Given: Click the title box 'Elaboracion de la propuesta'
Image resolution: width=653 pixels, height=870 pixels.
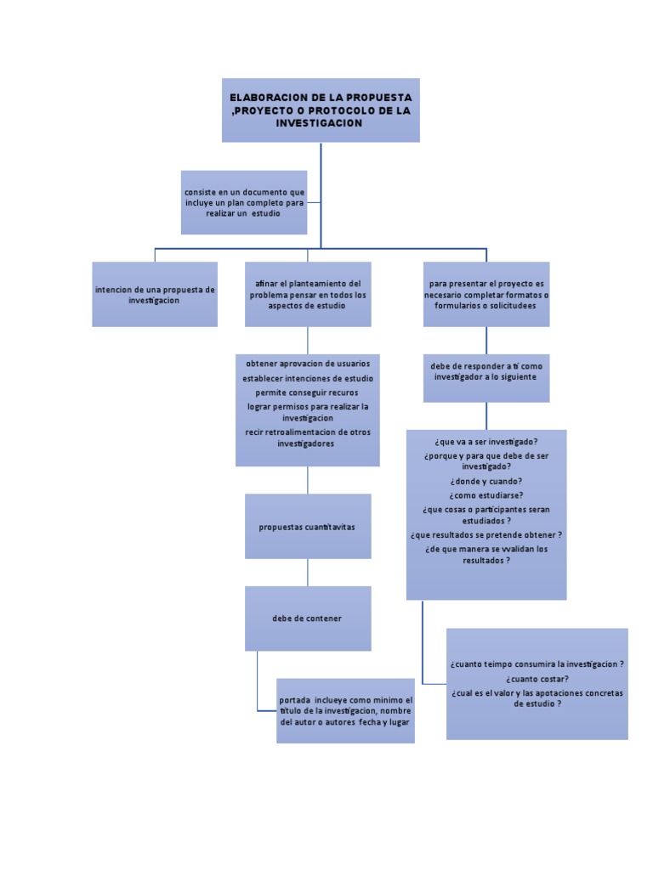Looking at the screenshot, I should click(x=321, y=110).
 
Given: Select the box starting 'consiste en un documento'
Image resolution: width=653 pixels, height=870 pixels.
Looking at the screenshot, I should click(x=243, y=202).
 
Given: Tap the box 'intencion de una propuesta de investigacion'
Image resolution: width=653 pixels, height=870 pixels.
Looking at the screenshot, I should click(x=155, y=295).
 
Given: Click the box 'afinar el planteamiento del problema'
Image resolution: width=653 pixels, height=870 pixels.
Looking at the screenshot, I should click(x=308, y=294).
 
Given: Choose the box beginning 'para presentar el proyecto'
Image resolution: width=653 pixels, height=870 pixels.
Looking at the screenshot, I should click(x=486, y=294).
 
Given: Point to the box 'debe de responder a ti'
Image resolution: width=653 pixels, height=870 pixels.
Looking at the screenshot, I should click(x=486, y=371).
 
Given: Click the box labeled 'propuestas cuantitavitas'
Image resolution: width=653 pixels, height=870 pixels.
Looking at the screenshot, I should click(x=308, y=527).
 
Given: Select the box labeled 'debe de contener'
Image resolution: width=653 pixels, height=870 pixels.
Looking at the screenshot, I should click(x=308, y=619).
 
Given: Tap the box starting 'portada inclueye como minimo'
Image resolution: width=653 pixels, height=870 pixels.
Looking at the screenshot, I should click(x=345, y=711).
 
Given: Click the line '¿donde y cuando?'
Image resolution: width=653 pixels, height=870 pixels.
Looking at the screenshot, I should click(x=486, y=481).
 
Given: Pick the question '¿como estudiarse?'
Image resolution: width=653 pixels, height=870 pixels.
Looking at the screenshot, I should click(x=486, y=495).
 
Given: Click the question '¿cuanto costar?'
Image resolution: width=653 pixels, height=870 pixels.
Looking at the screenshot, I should click(x=537, y=679).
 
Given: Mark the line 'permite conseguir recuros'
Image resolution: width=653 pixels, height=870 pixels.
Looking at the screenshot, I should click(x=307, y=393).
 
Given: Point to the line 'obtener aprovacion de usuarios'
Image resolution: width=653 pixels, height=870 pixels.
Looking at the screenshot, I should click(x=308, y=364).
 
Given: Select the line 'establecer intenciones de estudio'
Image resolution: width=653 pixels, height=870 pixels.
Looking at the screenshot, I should click(x=308, y=378).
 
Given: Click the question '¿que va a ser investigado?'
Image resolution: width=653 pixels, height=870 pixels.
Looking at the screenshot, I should click(x=486, y=442).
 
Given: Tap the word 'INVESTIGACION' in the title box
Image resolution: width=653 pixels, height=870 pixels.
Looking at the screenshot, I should click(x=319, y=124).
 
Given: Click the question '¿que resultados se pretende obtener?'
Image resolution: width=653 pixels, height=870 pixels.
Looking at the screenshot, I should click(x=486, y=535).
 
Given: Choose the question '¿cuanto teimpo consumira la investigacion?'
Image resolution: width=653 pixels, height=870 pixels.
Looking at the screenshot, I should click(x=537, y=664).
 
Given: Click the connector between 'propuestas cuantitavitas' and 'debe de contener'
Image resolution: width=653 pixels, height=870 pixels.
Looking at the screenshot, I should click(x=308, y=572).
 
